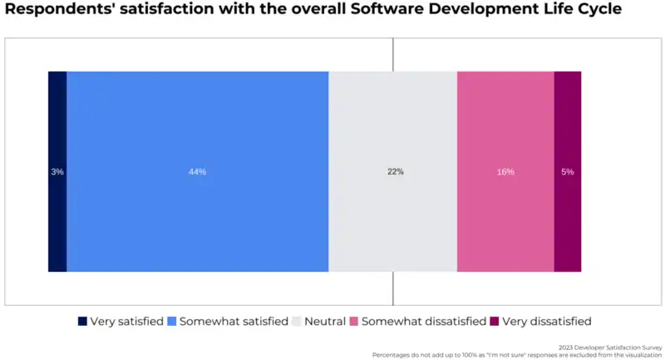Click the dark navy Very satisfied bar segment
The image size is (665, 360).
pos(57,125)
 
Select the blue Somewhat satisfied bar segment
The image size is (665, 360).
pos(197,125)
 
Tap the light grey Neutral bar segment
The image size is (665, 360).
pos(392,125)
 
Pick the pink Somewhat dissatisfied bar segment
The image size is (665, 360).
pos(505,125)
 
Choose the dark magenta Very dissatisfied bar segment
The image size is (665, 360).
pos(568,125)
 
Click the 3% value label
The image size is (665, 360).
pos(57,172)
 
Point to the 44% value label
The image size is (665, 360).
pos(197,172)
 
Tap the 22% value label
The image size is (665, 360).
pos(395,172)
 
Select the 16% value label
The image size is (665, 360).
pos(505,172)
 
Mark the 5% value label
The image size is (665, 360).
pos(568,172)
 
